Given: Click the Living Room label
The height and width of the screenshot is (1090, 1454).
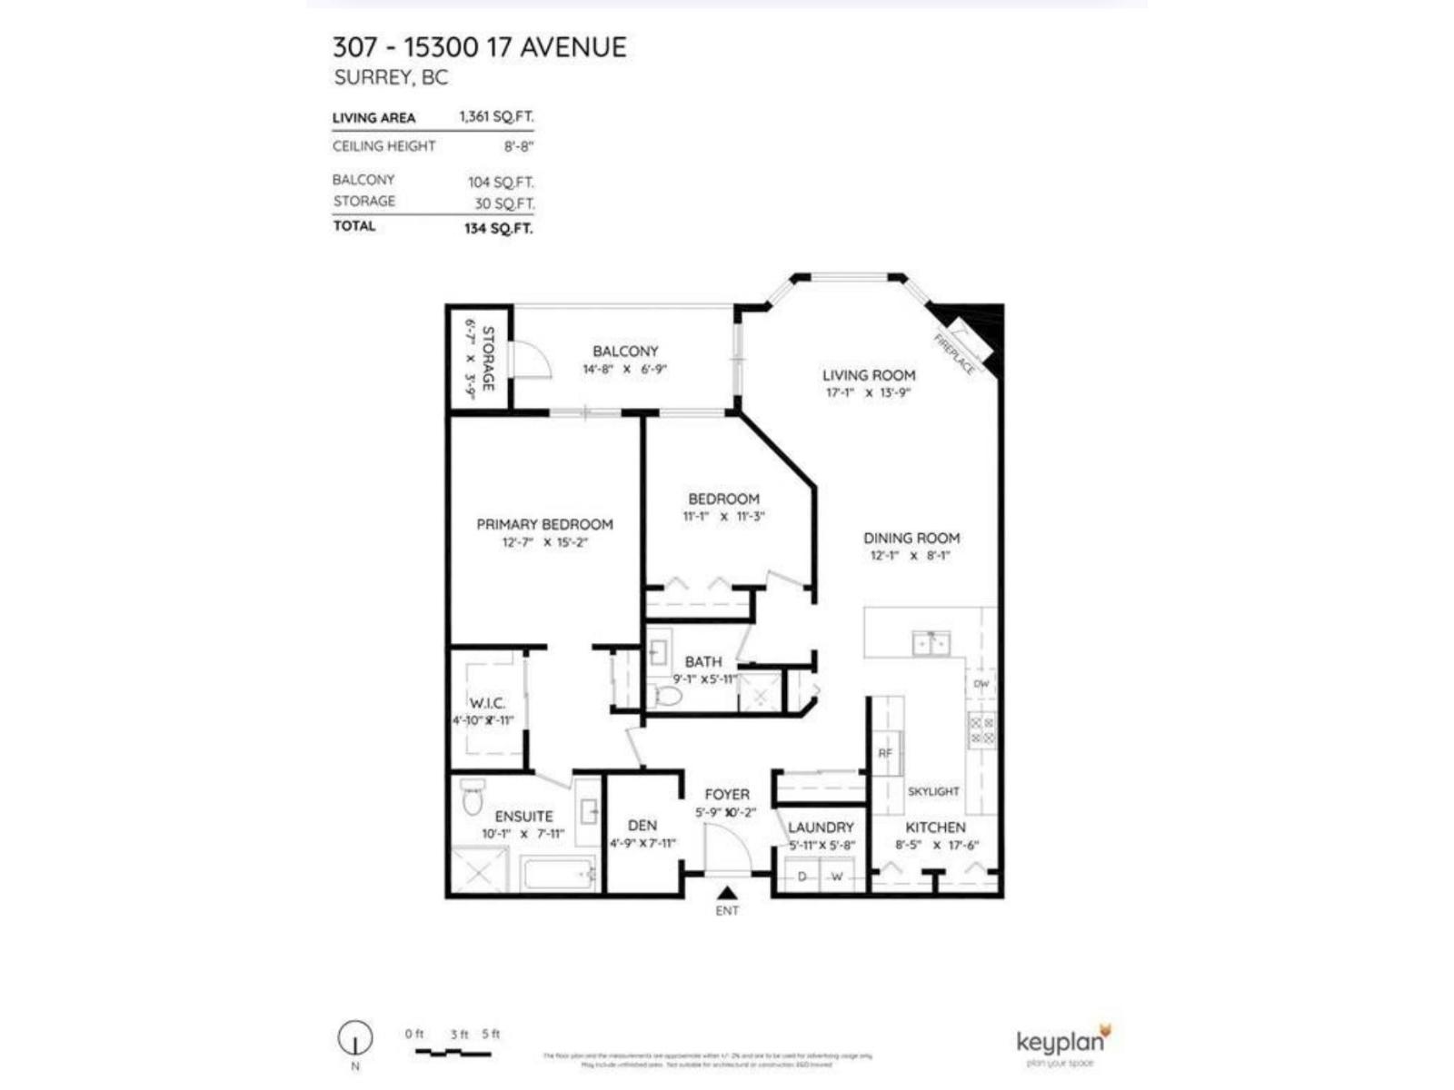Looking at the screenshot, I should (x=869, y=375).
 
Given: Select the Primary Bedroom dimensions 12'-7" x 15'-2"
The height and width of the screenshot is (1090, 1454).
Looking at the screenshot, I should (x=545, y=542).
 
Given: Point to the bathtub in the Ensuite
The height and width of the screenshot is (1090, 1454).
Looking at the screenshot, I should (x=557, y=875).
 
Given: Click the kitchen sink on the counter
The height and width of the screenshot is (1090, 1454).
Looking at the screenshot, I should (x=931, y=643).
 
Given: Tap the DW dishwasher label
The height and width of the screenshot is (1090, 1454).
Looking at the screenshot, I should (x=981, y=684).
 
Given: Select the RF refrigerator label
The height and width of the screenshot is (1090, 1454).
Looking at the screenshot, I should (x=885, y=753).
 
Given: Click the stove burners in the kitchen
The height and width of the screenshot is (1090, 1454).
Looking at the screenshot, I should (x=981, y=730).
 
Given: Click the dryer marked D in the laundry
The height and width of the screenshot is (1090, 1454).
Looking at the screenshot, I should (x=802, y=877).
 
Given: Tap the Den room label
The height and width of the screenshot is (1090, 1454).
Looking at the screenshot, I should (x=642, y=826).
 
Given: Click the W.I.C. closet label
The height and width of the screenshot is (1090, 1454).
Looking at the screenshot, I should (x=487, y=703).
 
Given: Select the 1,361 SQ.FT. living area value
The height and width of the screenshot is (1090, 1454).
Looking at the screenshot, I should (x=496, y=116).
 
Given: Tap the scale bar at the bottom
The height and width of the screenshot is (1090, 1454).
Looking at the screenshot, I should (x=453, y=1053).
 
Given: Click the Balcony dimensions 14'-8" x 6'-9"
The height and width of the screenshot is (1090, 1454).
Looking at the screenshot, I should (x=625, y=370).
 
